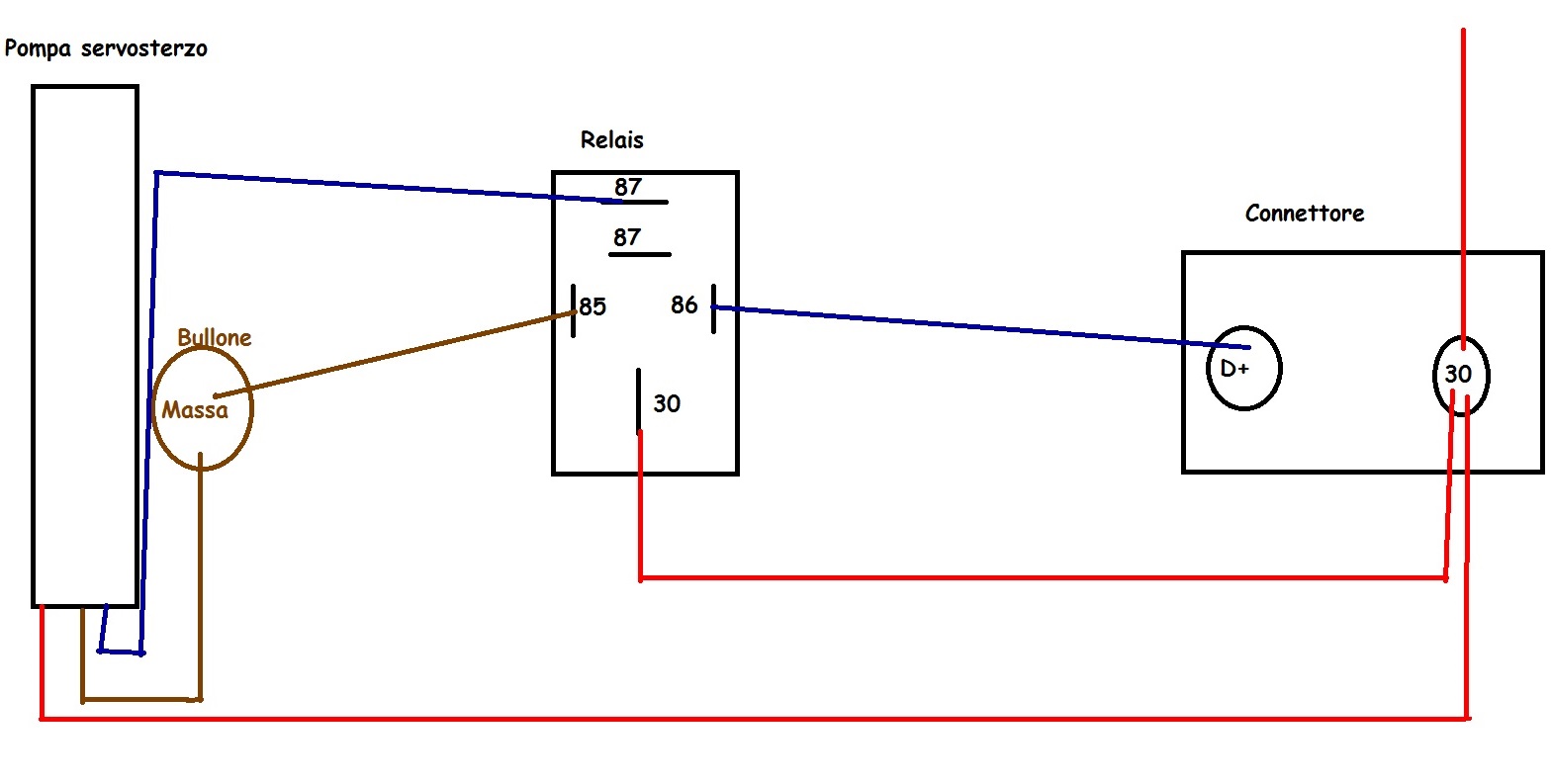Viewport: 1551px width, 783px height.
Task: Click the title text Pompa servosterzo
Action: [106, 48]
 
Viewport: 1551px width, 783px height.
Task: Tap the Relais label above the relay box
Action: [612, 139]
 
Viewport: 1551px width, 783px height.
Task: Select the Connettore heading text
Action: [1305, 214]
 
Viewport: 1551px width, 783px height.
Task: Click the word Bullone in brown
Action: [214, 337]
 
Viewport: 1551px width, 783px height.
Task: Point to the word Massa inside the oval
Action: [195, 410]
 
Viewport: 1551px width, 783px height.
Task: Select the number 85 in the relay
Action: [593, 306]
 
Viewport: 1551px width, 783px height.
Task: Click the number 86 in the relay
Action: [684, 304]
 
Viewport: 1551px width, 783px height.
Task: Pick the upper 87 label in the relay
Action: [628, 186]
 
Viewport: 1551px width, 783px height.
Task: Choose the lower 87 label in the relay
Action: [627, 237]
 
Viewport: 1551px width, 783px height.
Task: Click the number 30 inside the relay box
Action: [667, 403]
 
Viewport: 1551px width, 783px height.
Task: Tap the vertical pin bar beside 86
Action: [714, 308]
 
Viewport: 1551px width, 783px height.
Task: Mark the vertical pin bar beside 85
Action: [574, 310]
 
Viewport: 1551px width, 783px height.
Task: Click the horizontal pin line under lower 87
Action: [640, 255]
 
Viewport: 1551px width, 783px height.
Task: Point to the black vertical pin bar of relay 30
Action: [638, 401]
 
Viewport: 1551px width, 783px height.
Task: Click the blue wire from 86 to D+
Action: [981, 327]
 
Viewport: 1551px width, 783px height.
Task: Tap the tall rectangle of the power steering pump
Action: [32, 346]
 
